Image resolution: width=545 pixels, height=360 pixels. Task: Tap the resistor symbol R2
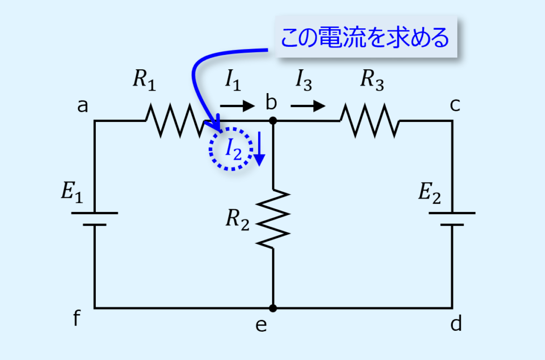click(273, 218)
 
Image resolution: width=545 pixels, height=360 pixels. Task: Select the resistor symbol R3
click(369, 121)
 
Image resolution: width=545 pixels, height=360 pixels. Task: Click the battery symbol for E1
click(95, 219)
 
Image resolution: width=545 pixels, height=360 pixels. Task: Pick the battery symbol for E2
click(452, 218)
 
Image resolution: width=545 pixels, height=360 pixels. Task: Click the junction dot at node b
click(273, 121)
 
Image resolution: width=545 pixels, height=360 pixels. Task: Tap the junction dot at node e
click(273, 308)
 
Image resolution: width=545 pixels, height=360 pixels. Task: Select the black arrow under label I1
click(237, 106)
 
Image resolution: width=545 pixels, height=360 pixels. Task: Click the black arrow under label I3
click(308, 106)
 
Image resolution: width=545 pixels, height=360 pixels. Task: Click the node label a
click(82, 107)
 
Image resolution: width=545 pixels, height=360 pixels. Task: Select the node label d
click(456, 324)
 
